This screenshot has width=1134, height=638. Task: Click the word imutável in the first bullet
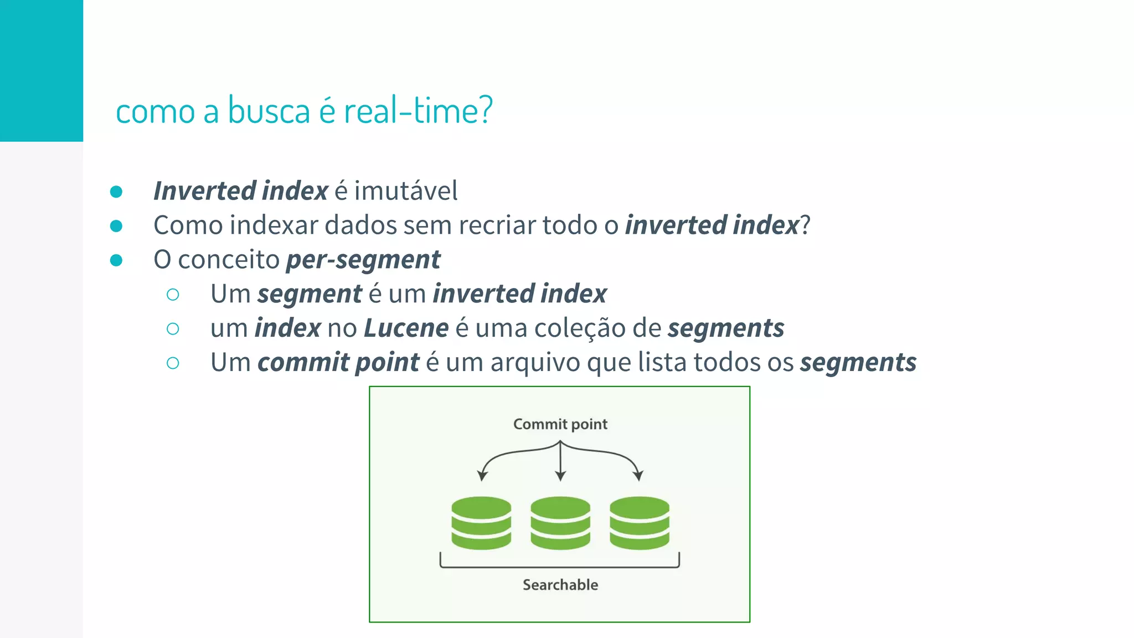406,191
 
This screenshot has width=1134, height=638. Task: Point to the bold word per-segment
363,260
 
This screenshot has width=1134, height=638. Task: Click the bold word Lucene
406,328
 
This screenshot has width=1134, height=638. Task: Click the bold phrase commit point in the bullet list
338,363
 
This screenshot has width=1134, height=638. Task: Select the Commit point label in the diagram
560,424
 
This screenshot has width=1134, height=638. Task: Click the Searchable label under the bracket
560,585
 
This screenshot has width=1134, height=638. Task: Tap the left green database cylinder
481,523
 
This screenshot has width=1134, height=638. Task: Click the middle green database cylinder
560,523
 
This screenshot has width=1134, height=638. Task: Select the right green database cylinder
640,523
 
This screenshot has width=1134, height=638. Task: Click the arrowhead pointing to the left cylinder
482,476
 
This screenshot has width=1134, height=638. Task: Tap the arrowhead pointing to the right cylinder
638,476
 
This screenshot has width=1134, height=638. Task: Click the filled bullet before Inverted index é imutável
116,192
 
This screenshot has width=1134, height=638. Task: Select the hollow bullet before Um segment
173,295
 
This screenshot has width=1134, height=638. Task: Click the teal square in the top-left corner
41,70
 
